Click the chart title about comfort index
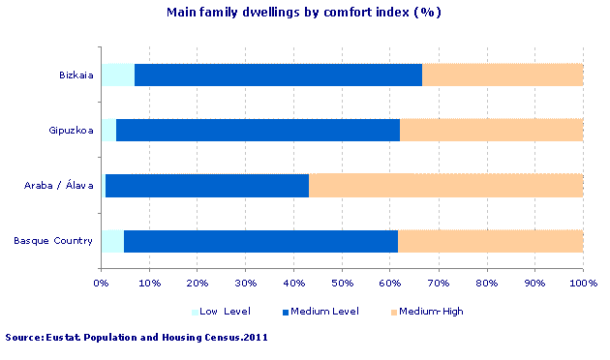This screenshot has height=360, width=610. click(x=304, y=13)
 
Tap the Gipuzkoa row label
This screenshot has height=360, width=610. click(x=72, y=130)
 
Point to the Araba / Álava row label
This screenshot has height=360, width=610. click(x=59, y=185)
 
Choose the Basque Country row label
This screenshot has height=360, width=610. click(x=54, y=240)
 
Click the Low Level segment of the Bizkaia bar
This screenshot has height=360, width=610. click(x=118, y=75)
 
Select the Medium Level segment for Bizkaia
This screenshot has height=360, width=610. click(x=278, y=75)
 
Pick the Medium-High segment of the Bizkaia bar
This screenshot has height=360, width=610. click(x=502, y=75)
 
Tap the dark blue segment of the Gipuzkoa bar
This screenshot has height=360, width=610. click(x=258, y=130)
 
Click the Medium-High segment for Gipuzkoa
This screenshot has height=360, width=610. click(x=491, y=130)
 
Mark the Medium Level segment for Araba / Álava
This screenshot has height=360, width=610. click(x=207, y=185)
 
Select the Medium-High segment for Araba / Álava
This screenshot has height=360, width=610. click(x=445, y=185)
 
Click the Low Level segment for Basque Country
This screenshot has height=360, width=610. click(x=112, y=240)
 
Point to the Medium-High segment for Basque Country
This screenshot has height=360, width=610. click(x=490, y=240)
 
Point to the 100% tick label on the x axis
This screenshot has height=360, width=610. click(x=582, y=284)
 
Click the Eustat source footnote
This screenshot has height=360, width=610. click(x=137, y=338)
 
